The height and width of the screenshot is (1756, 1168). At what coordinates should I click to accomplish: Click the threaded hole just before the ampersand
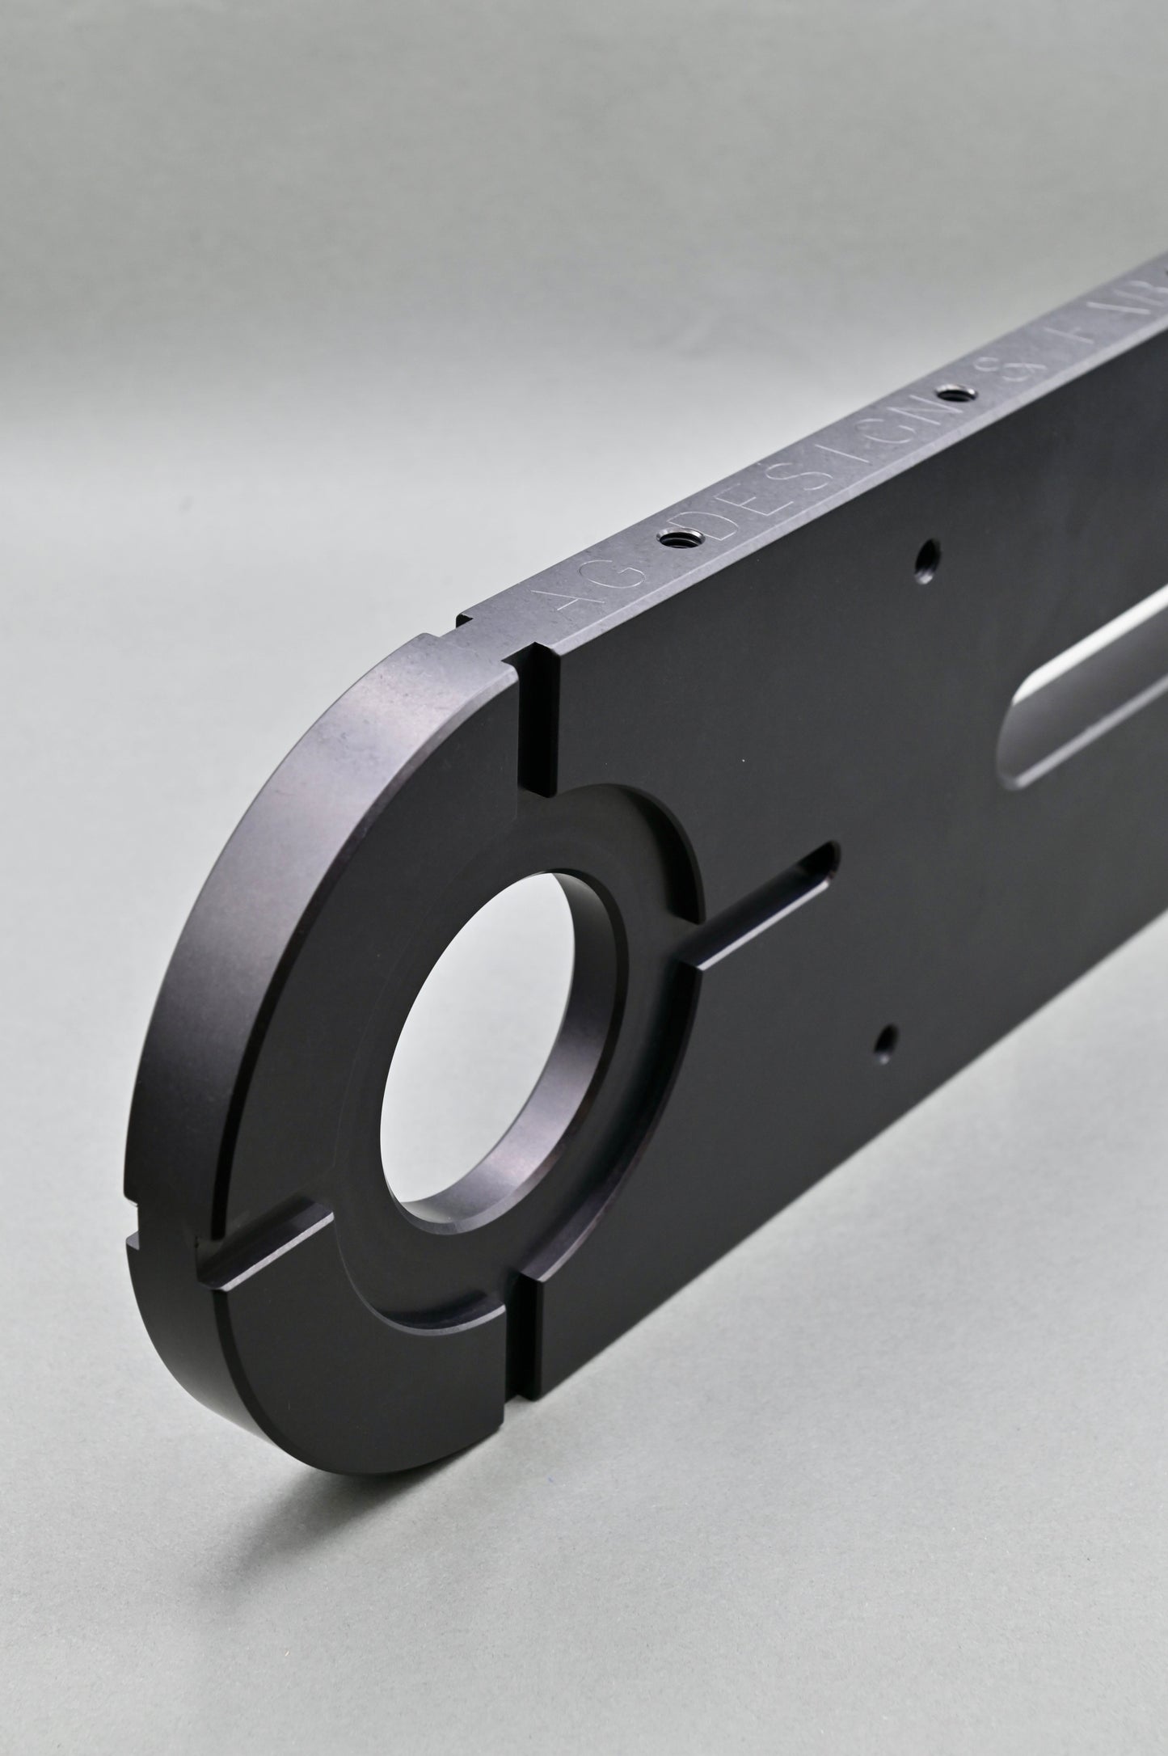click(x=957, y=394)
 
